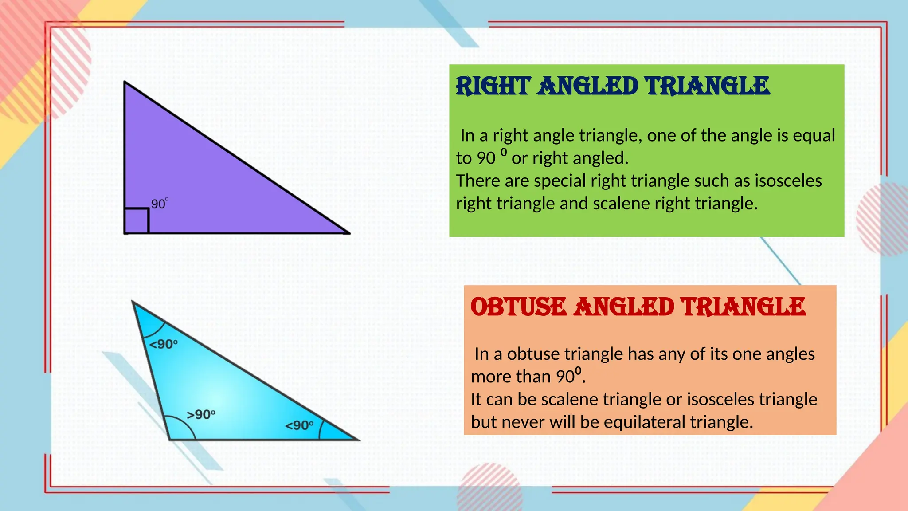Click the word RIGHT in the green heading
(493, 86)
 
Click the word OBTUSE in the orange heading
(518, 307)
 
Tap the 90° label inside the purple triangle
(159, 204)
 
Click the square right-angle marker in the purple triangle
(137, 220)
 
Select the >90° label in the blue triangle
(201, 415)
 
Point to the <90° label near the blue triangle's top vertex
(163, 344)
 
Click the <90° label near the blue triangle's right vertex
(299, 425)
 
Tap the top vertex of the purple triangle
(125, 82)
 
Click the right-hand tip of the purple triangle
(349, 233)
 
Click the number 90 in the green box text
(486, 158)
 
